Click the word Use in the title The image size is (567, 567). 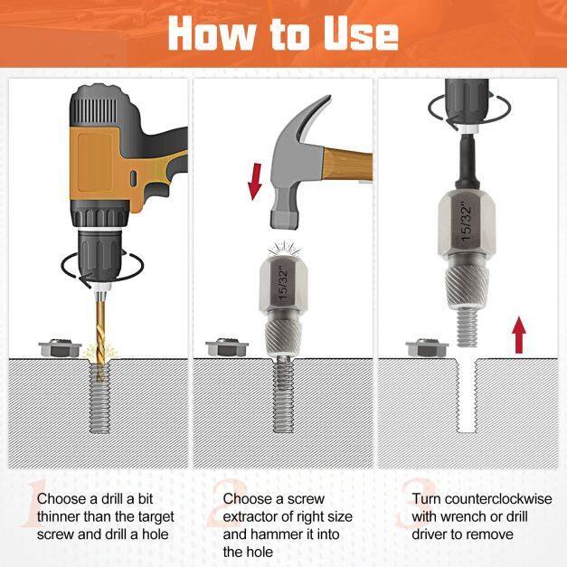pyautogui.click(x=361, y=33)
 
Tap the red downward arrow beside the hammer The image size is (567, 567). pyautogui.click(x=255, y=181)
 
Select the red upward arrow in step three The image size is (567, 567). pyautogui.click(x=519, y=335)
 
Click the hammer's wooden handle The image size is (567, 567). pyautogui.click(x=348, y=165)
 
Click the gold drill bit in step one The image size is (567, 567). pyautogui.click(x=100, y=336)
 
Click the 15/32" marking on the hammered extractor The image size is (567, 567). pyautogui.click(x=283, y=283)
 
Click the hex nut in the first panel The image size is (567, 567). pyautogui.click(x=60, y=348)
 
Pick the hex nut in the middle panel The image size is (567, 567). pyautogui.click(x=227, y=348)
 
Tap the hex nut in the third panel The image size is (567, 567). pyautogui.click(x=427, y=348)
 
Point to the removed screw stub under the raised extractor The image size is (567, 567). pyautogui.click(x=467, y=328)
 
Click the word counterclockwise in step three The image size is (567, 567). pyautogui.click(x=498, y=499)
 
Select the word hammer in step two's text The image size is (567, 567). pyautogui.click(x=277, y=534)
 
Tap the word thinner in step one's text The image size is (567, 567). pyautogui.click(x=58, y=516)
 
